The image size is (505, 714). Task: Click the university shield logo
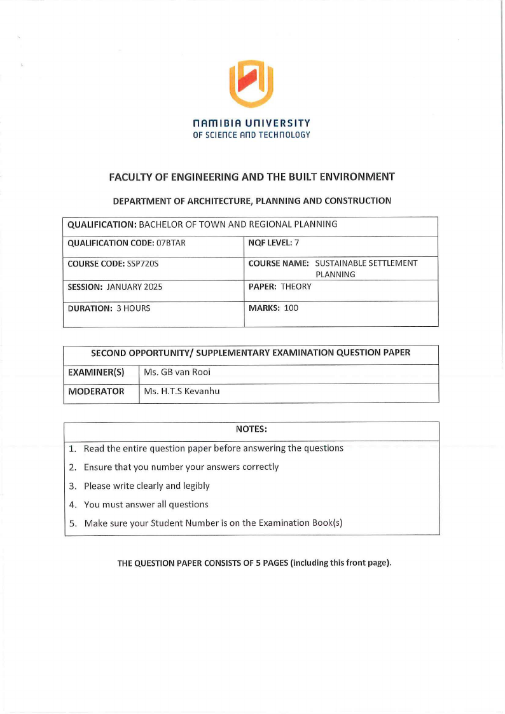coord(251,83)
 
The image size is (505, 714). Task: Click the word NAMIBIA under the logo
coord(218,123)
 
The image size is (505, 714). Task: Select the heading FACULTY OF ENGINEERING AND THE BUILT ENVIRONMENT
coord(252,177)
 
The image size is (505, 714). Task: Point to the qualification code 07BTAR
coord(171,243)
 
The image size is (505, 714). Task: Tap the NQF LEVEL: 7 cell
coord(273,243)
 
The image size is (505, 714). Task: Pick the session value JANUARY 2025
coord(134,287)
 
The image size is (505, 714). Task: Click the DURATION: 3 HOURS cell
coord(109,308)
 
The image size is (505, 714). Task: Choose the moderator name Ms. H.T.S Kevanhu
coord(182,391)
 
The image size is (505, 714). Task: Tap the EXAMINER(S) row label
coord(96,372)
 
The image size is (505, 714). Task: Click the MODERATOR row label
coord(96,391)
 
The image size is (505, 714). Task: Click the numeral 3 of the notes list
coord(73,486)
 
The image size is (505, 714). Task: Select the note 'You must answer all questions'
coord(146,504)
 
